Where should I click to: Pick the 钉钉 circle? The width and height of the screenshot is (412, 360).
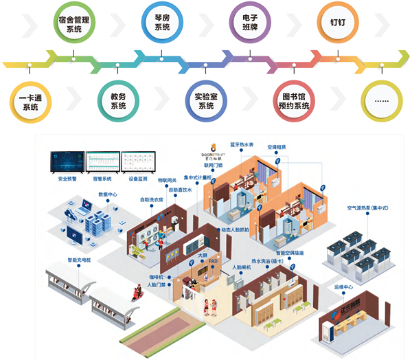pyautogui.click(x=336, y=21)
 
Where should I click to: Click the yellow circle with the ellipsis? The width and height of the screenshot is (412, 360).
pyautogui.click(x=380, y=100)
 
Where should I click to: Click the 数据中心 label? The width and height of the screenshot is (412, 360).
pyautogui.click(x=108, y=194)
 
